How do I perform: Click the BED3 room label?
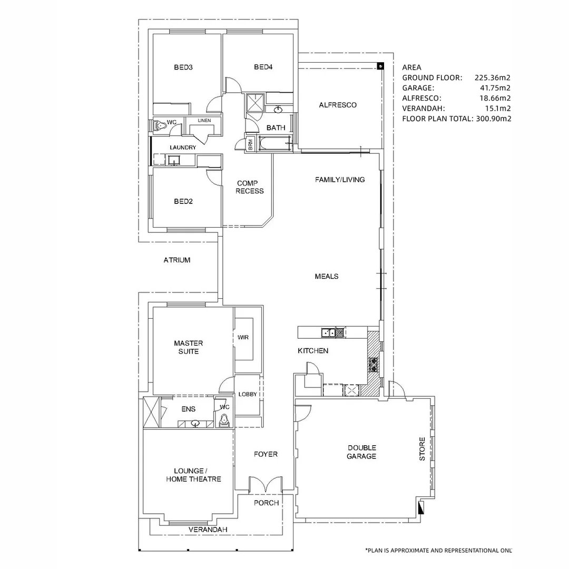(x=182, y=67)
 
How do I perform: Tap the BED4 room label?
(x=262, y=67)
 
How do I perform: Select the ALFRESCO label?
(x=338, y=105)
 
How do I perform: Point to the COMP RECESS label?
(x=249, y=187)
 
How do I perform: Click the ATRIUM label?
(x=177, y=260)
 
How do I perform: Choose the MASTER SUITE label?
(x=188, y=347)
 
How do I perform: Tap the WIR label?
(x=243, y=337)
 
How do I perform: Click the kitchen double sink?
(x=329, y=332)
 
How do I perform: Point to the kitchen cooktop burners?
(x=374, y=364)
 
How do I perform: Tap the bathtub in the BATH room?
(x=274, y=143)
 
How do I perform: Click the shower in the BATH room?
(x=255, y=104)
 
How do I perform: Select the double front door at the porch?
(x=266, y=485)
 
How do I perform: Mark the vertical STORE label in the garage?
(x=422, y=449)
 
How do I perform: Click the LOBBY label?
(x=248, y=394)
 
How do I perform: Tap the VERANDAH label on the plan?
(x=208, y=529)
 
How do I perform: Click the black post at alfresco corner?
(x=380, y=66)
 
